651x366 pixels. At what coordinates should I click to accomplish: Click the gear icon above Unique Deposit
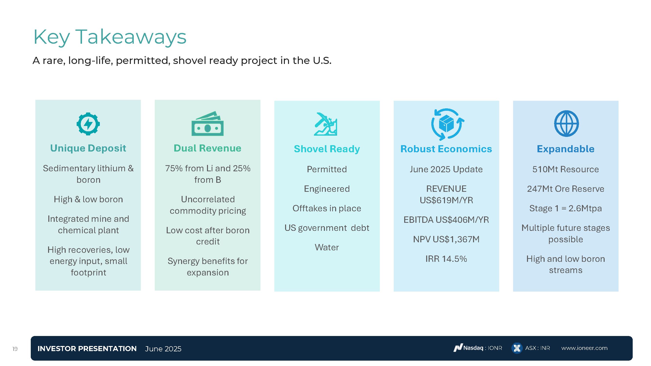(88, 124)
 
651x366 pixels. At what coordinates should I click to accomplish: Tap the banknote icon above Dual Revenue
(207, 123)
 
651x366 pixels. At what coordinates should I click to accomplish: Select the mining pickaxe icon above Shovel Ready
(326, 124)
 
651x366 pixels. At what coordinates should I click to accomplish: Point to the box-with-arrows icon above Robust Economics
(446, 124)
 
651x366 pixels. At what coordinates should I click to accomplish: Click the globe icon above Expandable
(566, 123)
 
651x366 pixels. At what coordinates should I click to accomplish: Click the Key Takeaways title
(110, 37)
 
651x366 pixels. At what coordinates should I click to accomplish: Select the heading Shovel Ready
(327, 149)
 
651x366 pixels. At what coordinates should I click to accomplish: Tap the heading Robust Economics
(446, 149)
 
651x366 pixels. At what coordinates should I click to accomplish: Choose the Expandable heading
(566, 149)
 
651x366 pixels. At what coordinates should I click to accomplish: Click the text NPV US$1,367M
(446, 239)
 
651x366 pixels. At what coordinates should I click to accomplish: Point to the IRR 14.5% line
(446, 259)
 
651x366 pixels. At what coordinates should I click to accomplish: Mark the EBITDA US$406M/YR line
(446, 220)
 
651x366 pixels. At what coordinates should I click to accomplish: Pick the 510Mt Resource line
(566, 169)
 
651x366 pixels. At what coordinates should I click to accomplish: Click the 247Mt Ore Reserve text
(566, 189)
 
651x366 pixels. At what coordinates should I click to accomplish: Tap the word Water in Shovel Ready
(327, 247)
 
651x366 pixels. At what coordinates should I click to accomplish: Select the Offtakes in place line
(327, 208)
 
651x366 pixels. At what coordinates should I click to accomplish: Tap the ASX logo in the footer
(517, 348)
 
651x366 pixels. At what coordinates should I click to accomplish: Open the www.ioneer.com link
(584, 348)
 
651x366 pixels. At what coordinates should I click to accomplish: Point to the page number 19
(15, 349)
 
